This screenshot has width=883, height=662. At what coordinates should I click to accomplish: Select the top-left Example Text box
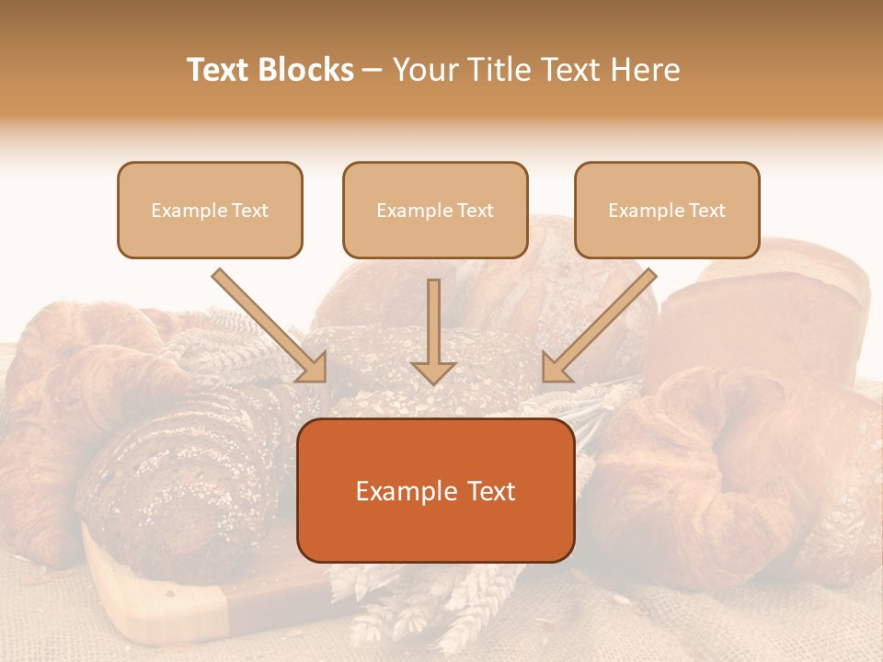point(210,210)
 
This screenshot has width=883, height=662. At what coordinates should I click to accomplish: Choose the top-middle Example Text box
point(435,210)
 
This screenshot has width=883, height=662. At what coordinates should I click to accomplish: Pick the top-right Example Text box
point(667,210)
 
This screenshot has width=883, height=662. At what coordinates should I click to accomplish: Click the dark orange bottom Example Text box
point(436,490)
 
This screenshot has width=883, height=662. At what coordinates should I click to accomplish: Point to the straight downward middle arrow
point(433,326)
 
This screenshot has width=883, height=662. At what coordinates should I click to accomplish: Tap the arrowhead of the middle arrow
point(433,371)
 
